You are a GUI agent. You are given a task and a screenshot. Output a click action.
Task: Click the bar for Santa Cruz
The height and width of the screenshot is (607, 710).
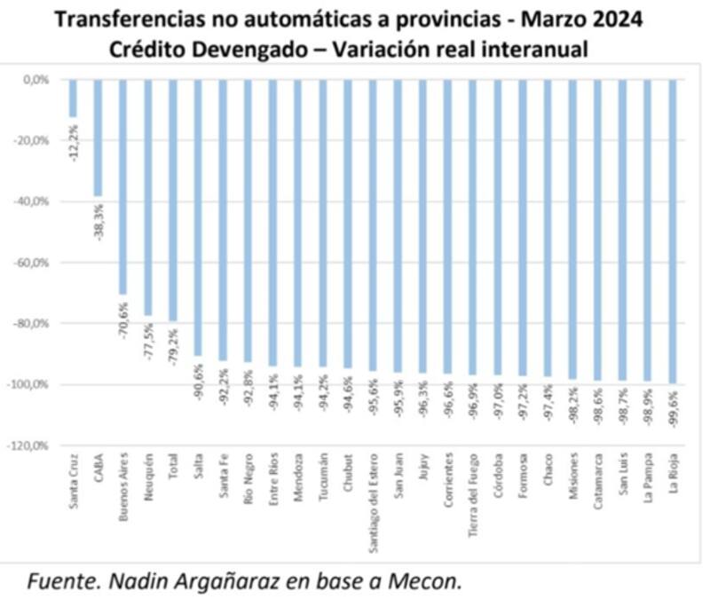tap(73, 98)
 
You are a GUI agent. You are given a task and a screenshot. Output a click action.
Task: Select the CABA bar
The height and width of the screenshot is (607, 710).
tap(98, 138)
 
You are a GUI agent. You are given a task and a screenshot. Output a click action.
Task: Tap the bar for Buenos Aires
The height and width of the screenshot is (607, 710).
tap(122, 186)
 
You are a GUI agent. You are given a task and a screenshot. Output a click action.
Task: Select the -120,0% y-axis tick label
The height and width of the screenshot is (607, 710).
tap(30, 445)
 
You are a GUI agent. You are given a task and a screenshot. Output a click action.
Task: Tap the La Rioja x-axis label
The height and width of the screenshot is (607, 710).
tap(679, 479)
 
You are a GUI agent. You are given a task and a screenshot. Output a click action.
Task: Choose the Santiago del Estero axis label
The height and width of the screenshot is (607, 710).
tap(375, 501)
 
